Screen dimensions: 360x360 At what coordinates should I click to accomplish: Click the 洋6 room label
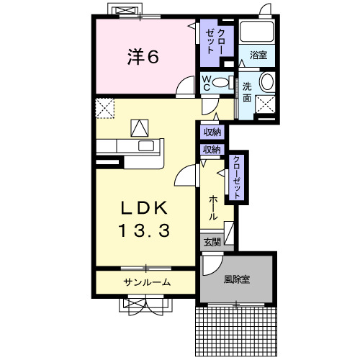(143, 56)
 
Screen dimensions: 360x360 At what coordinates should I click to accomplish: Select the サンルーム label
(146, 282)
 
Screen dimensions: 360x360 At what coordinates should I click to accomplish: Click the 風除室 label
(236, 279)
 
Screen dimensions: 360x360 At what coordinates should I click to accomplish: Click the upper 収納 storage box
(212, 132)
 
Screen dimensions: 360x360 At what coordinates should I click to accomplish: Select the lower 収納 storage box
(212, 150)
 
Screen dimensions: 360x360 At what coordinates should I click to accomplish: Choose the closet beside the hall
(236, 176)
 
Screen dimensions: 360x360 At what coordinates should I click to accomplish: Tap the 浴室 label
(258, 55)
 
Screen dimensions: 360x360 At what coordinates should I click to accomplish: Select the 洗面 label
(247, 91)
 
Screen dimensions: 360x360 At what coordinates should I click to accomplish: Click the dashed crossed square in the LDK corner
(105, 108)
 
